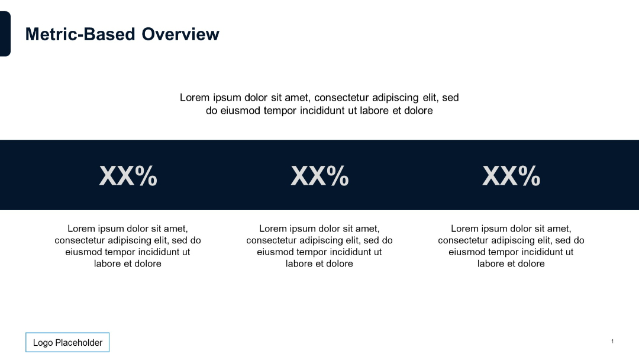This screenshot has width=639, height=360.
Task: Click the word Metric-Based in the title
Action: pos(80,34)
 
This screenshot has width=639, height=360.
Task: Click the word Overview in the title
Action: pos(180,34)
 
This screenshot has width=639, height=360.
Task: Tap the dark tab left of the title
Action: pos(5,34)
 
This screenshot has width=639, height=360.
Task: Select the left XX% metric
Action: pos(128,176)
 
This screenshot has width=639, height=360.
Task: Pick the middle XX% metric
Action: pos(319,176)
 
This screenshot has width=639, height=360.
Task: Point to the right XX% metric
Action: pos(511,176)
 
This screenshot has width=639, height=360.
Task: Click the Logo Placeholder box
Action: pos(67,342)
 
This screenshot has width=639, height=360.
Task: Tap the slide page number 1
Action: pos(612,341)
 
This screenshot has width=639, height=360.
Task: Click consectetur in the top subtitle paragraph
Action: pos(342,98)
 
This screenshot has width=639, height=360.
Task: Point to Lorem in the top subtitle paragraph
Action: pos(195,98)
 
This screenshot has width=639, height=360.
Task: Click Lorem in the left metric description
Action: pos(82,229)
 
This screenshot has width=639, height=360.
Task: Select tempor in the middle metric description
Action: pos(310,252)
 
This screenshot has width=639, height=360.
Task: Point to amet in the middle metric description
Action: pos(367,229)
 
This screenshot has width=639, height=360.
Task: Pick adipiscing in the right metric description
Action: pos(514,240)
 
